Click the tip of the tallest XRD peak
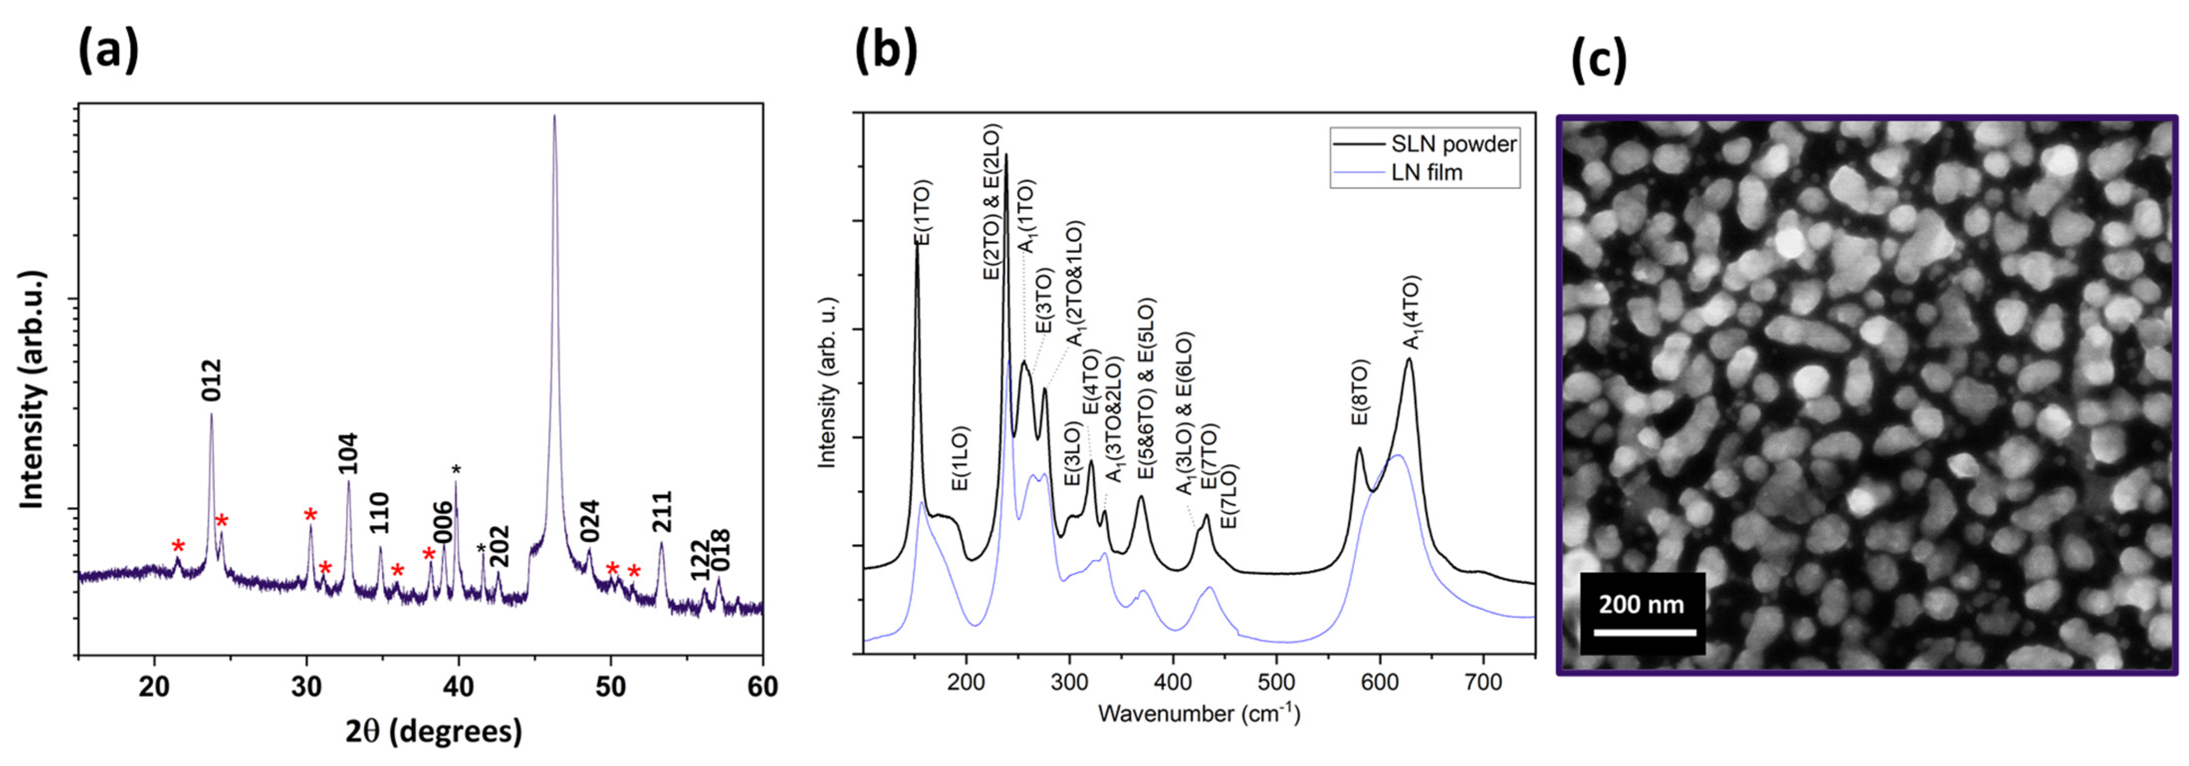click(555, 116)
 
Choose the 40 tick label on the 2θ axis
click(458, 687)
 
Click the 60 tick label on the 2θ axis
click(762, 687)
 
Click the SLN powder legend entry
click(1453, 144)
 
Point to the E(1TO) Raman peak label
click(922, 213)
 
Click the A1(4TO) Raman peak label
click(1410, 313)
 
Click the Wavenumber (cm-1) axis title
click(1198, 713)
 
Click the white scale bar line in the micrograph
click(1644, 633)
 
